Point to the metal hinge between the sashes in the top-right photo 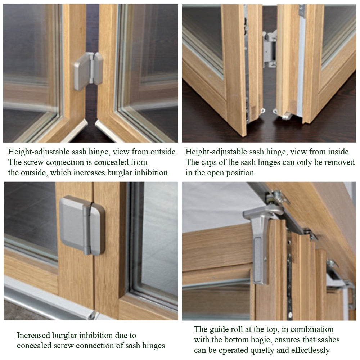(x=269, y=49)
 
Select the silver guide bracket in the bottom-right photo (x=260, y=245)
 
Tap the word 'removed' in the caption (x=339, y=162)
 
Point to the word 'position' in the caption (x=241, y=172)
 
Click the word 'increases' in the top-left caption (x=90, y=172)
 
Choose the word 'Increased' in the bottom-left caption (x=35, y=336)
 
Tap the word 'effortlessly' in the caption (x=309, y=350)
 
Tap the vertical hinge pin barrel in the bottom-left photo (x=87, y=228)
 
